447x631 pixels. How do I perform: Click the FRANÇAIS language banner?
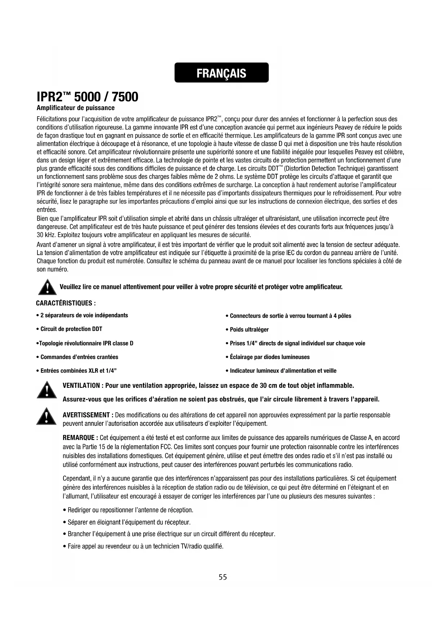pyautogui.click(x=222, y=73)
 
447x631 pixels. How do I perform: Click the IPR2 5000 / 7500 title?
pyautogui.click(x=88, y=97)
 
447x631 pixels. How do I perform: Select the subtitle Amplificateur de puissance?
pyautogui.click(x=76, y=108)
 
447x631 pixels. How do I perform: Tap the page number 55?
pyautogui.click(x=223, y=577)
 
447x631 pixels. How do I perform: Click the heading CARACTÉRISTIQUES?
pyautogui.click(x=66, y=303)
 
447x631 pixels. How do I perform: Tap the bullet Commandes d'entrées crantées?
pyautogui.click(x=79, y=357)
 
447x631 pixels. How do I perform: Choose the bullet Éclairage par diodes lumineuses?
pyautogui.click(x=269, y=357)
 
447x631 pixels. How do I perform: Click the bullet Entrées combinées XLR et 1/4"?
pyautogui.click(x=78, y=371)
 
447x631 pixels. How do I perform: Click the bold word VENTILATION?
pyautogui.click(x=81, y=386)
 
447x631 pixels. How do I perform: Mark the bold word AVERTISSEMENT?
pyautogui.click(x=86, y=415)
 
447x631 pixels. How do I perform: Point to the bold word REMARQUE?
pyautogui.click(x=79, y=438)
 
